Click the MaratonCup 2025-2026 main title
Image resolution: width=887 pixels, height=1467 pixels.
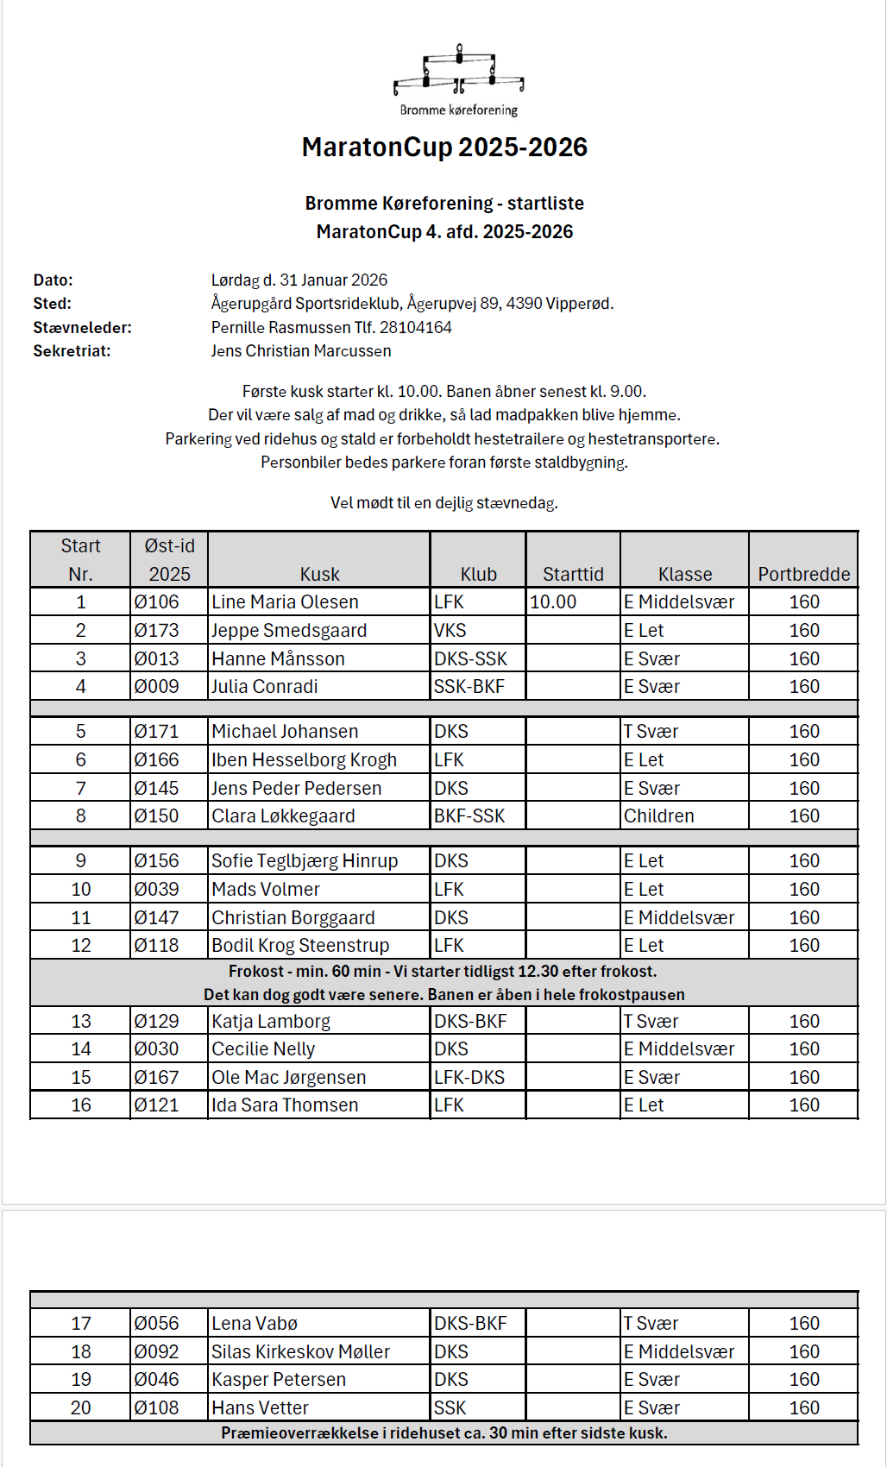click(x=444, y=148)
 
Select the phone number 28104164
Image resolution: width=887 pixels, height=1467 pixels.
click(x=416, y=327)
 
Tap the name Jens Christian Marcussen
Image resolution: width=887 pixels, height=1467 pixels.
click(x=301, y=350)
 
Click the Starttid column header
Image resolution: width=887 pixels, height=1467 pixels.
click(x=573, y=574)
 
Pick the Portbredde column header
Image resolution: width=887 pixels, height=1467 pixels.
click(x=803, y=574)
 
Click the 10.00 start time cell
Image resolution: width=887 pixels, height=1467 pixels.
click(x=553, y=601)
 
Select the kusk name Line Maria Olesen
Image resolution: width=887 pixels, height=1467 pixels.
click(x=285, y=601)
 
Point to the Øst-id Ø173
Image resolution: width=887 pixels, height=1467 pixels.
click(x=156, y=630)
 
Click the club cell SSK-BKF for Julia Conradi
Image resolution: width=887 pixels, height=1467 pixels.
click(x=469, y=686)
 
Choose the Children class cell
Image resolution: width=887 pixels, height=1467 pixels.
click(x=658, y=815)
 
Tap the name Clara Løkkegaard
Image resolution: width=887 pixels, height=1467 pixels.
click(x=283, y=815)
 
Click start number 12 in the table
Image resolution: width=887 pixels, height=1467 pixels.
click(x=81, y=945)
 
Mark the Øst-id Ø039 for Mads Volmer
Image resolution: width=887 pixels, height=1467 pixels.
click(x=156, y=889)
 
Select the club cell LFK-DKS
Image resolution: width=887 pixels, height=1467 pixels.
click(x=469, y=1077)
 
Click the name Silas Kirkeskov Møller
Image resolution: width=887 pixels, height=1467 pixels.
click(x=300, y=1351)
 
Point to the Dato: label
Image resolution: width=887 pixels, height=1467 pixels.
click(x=53, y=280)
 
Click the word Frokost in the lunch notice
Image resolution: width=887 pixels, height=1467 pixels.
click(x=256, y=971)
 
